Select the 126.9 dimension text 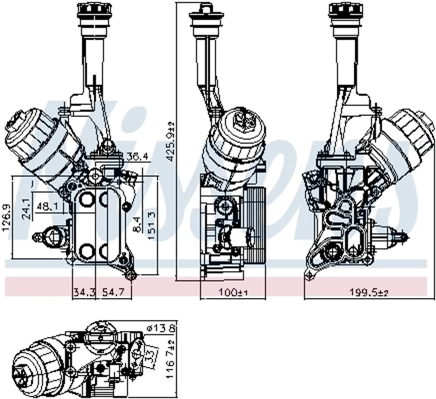(x=7, y=218)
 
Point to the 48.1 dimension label (x=48, y=207)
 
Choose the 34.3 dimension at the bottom (x=84, y=293)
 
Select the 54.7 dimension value (x=114, y=293)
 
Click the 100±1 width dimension (x=233, y=293)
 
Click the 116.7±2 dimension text (x=170, y=360)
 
